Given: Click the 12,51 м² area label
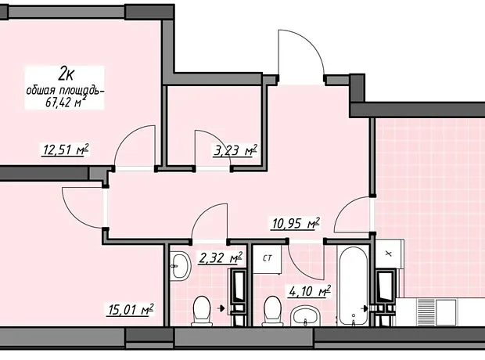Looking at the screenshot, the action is tap(65, 149).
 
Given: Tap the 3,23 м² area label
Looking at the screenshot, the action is tap(235, 151).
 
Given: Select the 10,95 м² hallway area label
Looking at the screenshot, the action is tap(295, 223).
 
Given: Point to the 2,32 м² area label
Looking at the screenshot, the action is tap(221, 257).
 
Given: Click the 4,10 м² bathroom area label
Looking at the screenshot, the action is tap(310, 291).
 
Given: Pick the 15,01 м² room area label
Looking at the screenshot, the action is tap(130, 310).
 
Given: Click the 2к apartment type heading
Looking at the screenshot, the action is tap(66, 75).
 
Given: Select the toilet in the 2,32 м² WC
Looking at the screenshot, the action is tap(201, 311).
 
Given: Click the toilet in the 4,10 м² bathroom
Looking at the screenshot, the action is tap(272, 311).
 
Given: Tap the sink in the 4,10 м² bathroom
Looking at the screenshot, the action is tap(305, 315).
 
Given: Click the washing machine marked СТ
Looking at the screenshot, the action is tap(267, 258).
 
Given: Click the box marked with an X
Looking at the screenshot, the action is tap(389, 254).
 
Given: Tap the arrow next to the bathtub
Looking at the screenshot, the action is tap(365, 308).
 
